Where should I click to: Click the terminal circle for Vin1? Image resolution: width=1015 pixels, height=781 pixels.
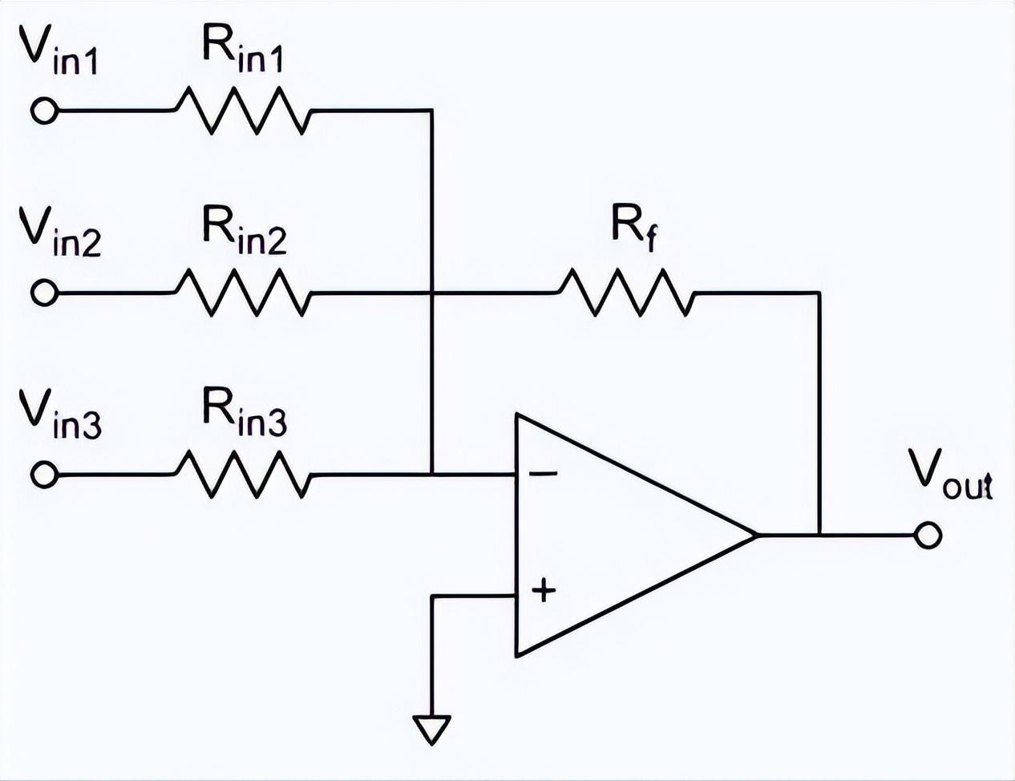pos(44,111)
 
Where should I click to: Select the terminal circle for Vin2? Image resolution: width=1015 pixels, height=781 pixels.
pos(44,293)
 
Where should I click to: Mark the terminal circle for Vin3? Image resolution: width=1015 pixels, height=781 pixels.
pos(44,474)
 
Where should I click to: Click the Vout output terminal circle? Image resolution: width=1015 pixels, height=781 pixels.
pos(927,536)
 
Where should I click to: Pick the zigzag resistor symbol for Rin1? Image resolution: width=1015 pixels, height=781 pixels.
pos(243,111)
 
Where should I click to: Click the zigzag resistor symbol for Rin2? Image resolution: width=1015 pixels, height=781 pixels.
pos(243,293)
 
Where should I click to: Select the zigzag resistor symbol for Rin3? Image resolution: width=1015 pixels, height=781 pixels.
pos(243,474)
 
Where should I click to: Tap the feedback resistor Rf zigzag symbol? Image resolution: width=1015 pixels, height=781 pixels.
pos(626,293)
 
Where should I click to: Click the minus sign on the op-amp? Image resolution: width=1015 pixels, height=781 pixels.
pos(542,474)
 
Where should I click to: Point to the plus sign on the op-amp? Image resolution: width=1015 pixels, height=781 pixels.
pos(544,591)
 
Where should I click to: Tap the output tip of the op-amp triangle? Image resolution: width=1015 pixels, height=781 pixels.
pos(756,536)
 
